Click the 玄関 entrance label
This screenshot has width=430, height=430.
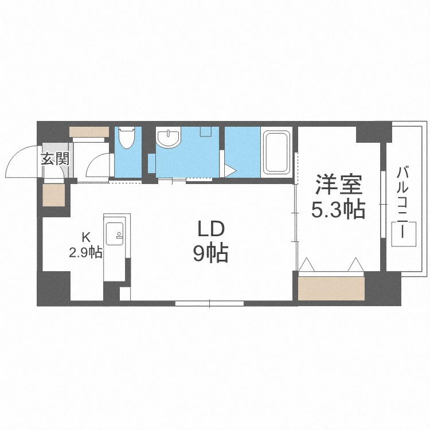click(x=55, y=158)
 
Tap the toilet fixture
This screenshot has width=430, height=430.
click(x=126, y=139)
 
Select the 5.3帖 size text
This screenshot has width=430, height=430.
click(x=338, y=210)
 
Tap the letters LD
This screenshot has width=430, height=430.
click(x=210, y=229)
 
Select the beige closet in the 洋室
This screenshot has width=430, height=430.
click(x=331, y=287)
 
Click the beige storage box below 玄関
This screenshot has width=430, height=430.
click(x=55, y=196)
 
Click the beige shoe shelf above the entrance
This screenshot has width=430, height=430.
click(x=89, y=132)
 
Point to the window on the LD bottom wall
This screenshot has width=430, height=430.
click(x=210, y=303)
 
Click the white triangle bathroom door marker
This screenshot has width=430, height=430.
click(x=230, y=170)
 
